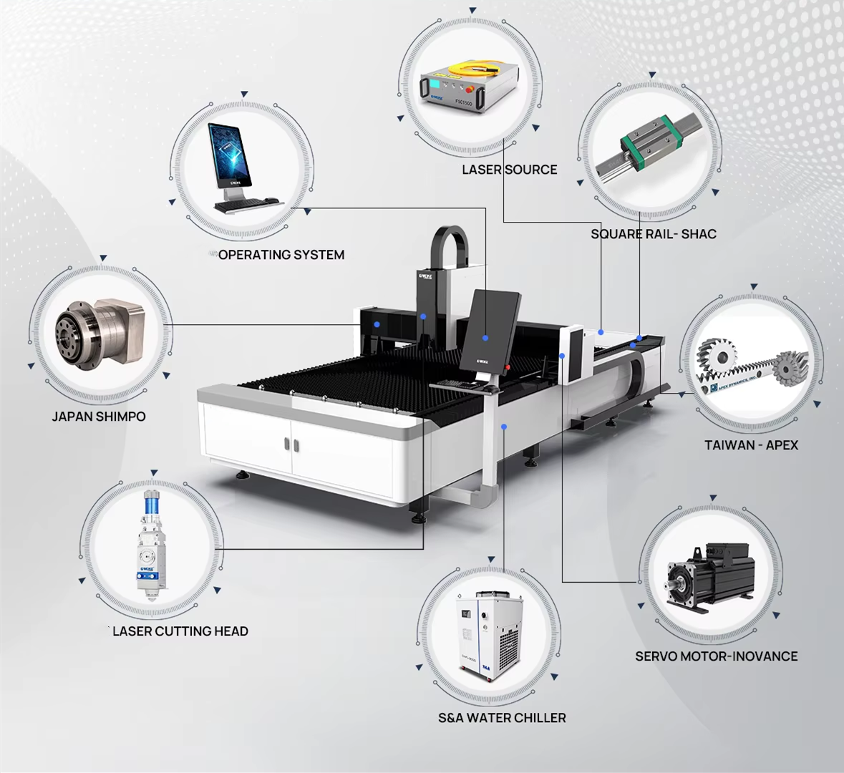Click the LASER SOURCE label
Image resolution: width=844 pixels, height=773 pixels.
pos(509,170)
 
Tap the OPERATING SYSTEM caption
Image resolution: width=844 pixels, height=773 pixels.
pos(281,255)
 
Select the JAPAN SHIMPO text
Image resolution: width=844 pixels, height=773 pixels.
pos(99,417)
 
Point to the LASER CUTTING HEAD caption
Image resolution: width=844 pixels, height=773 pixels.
pos(180,631)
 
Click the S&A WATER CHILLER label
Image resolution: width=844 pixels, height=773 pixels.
pos(502,717)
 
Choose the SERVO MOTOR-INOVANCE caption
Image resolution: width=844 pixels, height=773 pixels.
pos(716,656)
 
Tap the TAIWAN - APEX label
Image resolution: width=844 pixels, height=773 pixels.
pos(751,445)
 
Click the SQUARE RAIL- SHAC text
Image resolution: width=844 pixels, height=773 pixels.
pos(653,234)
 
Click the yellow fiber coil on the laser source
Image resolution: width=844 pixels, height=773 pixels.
pos(473,69)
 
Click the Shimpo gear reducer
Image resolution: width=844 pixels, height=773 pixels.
pos(93,333)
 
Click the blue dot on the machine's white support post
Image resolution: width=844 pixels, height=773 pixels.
pos(504,427)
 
